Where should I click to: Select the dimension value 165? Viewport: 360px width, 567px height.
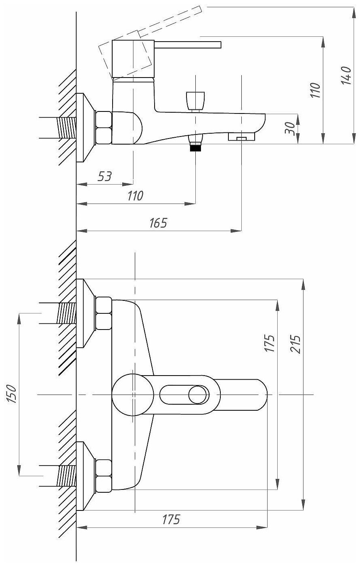pyautogui.click(x=158, y=223)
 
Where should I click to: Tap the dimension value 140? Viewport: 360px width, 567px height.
pyautogui.click(x=345, y=75)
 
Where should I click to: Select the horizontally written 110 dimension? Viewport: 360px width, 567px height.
pyautogui.click(x=135, y=196)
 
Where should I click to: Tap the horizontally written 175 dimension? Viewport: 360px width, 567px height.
pyautogui.click(x=171, y=519)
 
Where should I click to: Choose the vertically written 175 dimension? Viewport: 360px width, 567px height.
pyautogui.click(x=270, y=343)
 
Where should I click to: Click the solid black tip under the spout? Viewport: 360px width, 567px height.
pyautogui.click(x=195, y=147)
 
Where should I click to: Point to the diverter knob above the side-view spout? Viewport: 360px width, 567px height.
pyautogui.click(x=196, y=99)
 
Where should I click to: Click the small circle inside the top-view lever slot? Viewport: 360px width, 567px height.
pyautogui.click(x=199, y=394)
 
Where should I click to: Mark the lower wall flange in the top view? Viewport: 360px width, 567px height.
pyautogui.click(x=85, y=476)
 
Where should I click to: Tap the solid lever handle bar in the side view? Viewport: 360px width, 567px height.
pyautogui.click(x=188, y=44)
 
